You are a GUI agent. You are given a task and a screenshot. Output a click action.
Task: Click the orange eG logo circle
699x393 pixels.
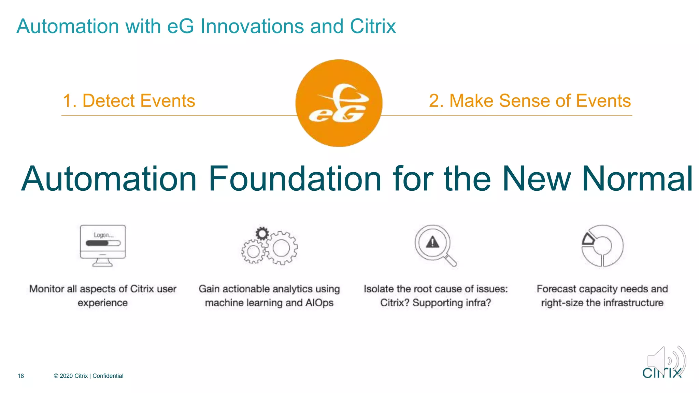point(339,103)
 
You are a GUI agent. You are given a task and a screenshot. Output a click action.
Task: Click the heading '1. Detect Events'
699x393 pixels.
point(129,101)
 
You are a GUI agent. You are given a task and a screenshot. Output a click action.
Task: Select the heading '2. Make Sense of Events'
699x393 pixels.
point(530,101)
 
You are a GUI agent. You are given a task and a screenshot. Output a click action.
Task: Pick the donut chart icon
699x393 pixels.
point(602,246)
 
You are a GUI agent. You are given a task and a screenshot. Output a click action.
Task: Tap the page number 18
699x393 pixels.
point(21,376)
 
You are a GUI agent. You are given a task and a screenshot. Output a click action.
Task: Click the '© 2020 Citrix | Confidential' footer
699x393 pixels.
point(88,376)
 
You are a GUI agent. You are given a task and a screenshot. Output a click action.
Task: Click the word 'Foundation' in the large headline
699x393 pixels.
point(295,179)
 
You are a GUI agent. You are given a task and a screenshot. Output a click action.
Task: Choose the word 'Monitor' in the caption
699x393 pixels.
point(47,289)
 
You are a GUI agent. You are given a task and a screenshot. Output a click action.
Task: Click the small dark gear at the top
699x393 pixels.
point(262,234)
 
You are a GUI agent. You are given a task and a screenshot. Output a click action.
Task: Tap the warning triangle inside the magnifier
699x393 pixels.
point(433,242)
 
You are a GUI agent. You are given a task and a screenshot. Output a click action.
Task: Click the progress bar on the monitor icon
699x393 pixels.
point(103,243)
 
